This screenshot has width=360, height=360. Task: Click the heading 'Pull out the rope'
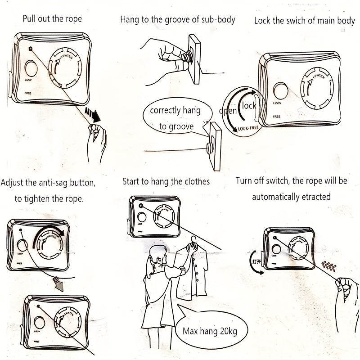53,19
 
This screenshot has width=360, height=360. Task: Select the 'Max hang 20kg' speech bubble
209,332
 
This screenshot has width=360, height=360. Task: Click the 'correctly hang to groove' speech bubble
175,118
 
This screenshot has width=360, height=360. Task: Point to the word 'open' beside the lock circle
228,111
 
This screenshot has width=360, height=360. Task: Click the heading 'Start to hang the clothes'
166,182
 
